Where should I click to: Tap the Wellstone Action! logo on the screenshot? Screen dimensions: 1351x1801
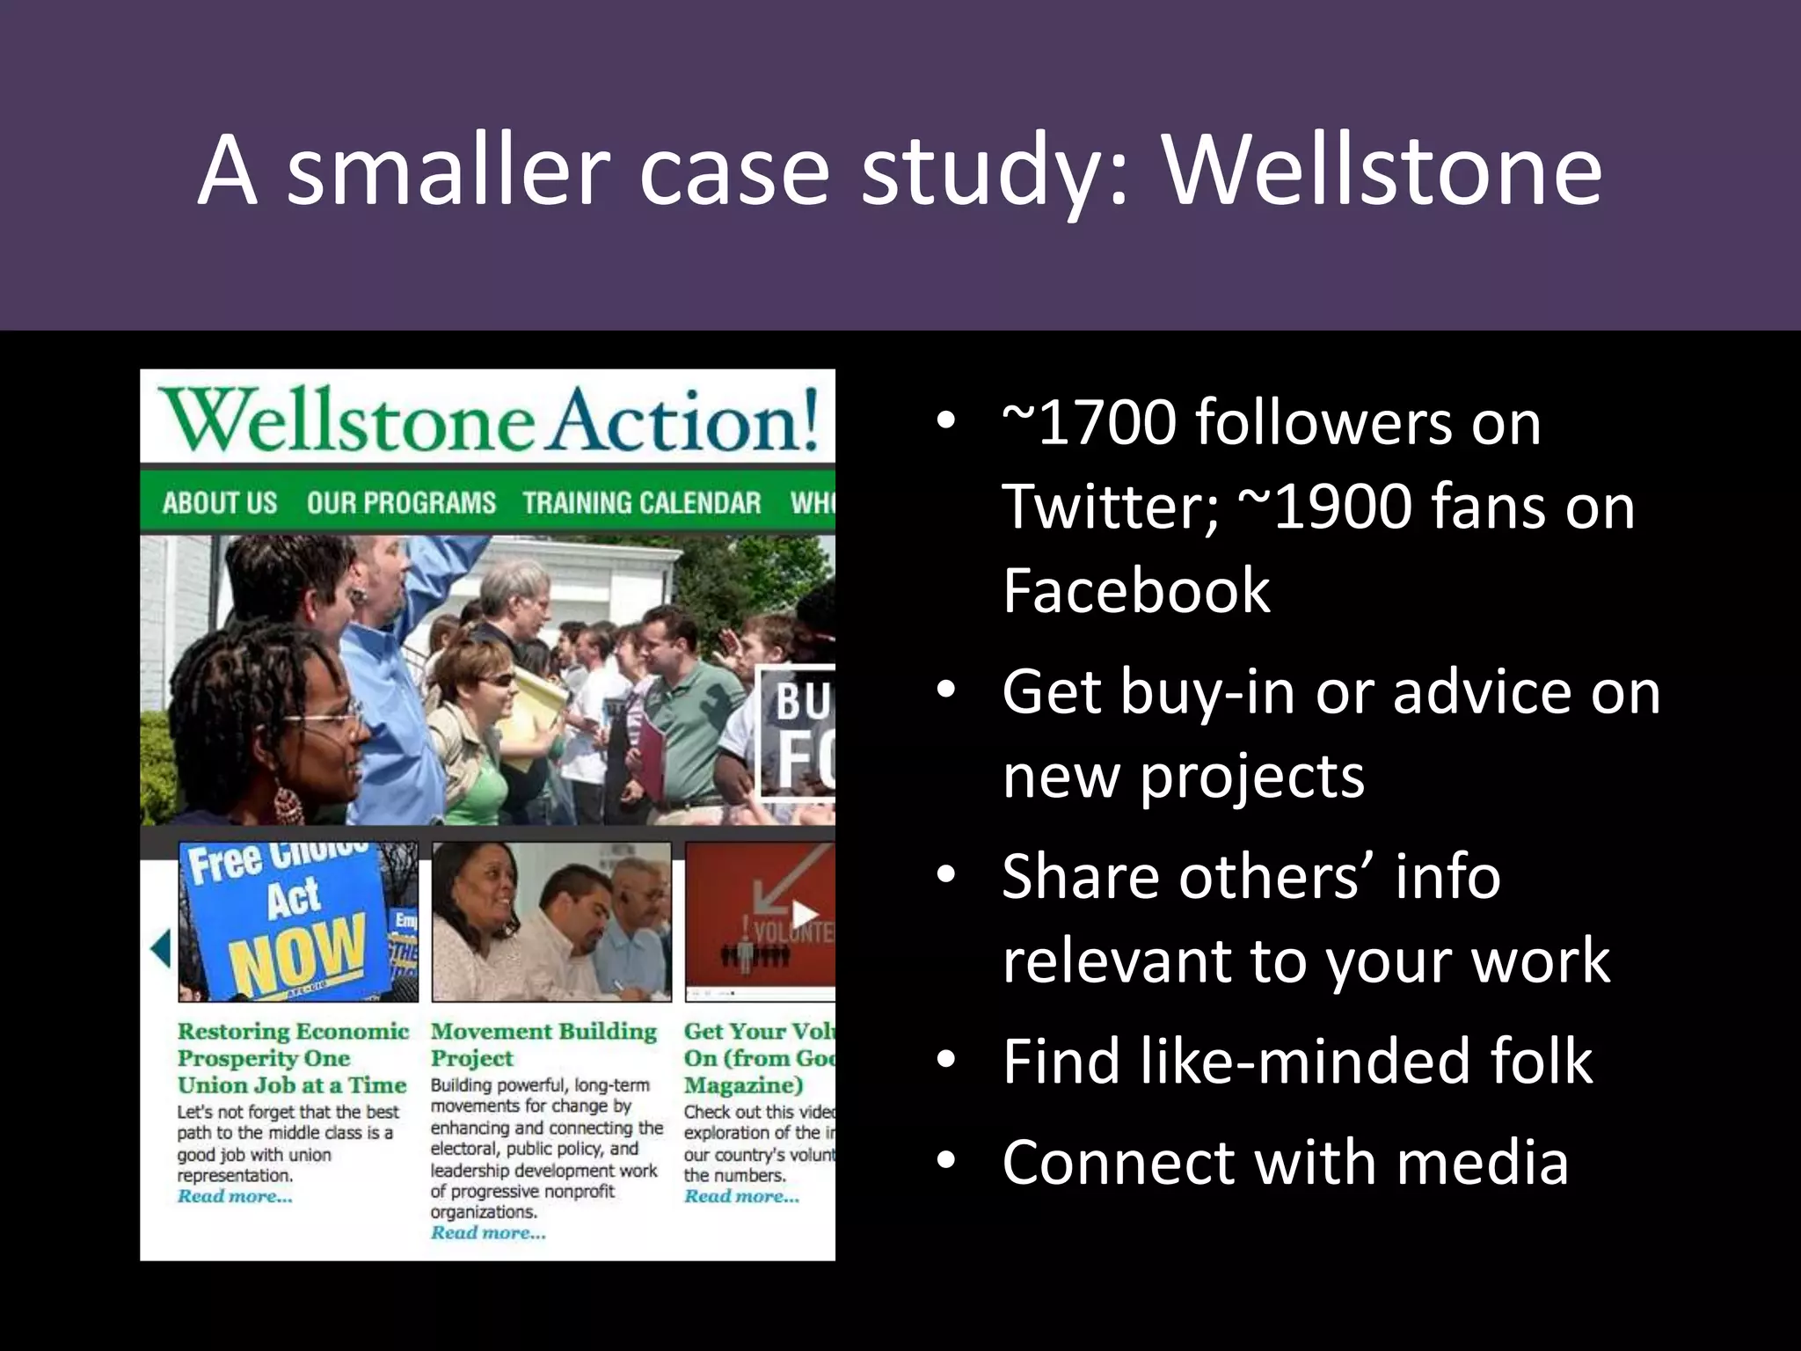click(489, 420)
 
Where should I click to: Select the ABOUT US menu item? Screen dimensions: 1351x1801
click(220, 503)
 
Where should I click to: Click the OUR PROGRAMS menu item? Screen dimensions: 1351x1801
click(401, 503)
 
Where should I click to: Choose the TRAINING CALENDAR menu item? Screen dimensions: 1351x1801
click(641, 503)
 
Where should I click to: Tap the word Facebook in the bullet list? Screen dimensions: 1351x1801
click(1135, 591)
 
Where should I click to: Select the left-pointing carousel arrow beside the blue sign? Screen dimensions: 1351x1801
click(160, 948)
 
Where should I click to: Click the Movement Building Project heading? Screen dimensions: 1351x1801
click(543, 1044)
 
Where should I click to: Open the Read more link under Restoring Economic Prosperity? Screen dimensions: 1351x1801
click(235, 1196)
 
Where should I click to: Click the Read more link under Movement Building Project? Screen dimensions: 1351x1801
click(488, 1233)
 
